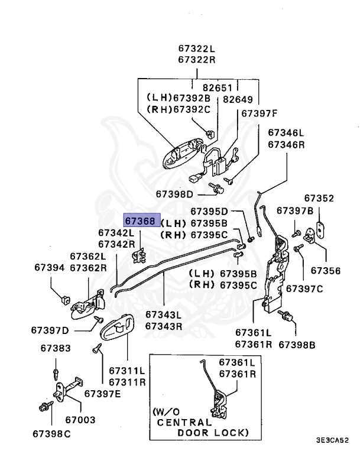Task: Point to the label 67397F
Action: point(257,113)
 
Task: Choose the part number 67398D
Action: point(174,194)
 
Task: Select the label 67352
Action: point(319,199)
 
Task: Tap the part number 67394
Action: point(49,268)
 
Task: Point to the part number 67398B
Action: point(297,345)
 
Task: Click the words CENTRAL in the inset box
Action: point(183,422)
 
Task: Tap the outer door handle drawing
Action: point(181,154)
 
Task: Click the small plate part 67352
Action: point(320,228)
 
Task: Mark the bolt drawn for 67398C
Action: point(43,407)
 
